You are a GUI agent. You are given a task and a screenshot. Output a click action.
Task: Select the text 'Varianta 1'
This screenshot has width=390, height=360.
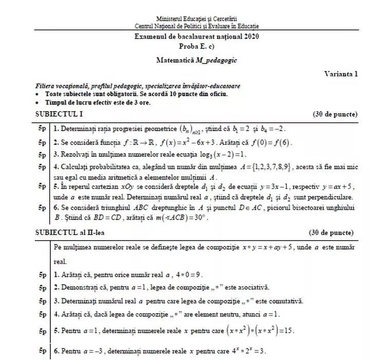tap(341, 74)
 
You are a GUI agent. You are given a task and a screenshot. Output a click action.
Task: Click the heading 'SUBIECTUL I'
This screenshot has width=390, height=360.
tap(53, 114)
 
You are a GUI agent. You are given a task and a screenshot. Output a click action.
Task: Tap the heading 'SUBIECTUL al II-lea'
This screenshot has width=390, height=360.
tap(67, 232)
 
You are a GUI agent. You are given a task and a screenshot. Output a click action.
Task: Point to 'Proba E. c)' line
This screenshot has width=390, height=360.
tap(196, 46)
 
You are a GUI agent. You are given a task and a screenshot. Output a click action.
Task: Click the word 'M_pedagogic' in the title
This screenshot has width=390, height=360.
tap(216, 60)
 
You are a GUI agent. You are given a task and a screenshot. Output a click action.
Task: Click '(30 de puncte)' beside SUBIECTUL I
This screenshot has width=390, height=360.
tap(335, 114)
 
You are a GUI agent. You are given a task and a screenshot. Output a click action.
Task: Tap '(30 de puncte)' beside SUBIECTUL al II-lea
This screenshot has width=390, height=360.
tap(335, 232)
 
